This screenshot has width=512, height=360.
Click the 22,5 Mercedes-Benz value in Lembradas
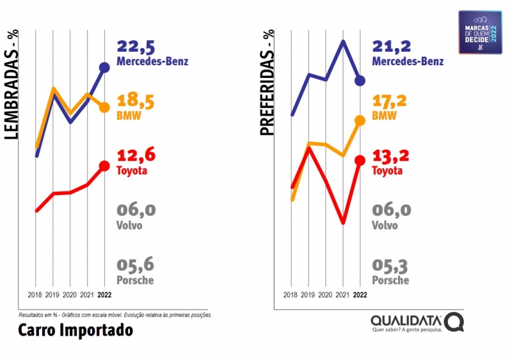(136, 47)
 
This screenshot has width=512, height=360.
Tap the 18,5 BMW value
(136, 101)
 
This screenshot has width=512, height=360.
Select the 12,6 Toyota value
(136, 155)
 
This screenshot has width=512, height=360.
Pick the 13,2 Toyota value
(392, 155)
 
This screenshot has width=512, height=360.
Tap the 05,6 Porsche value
(136, 265)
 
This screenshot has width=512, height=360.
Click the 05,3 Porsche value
(392, 265)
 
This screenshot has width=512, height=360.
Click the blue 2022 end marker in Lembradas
(104, 67)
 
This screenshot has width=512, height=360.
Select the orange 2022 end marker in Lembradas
(104, 107)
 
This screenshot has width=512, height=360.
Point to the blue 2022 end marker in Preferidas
(360, 80)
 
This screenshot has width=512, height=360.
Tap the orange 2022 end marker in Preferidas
(360, 120)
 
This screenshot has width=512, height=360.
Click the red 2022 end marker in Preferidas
(360, 160)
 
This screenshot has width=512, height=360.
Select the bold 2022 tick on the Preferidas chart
(360, 295)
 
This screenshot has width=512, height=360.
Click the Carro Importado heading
(76, 330)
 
